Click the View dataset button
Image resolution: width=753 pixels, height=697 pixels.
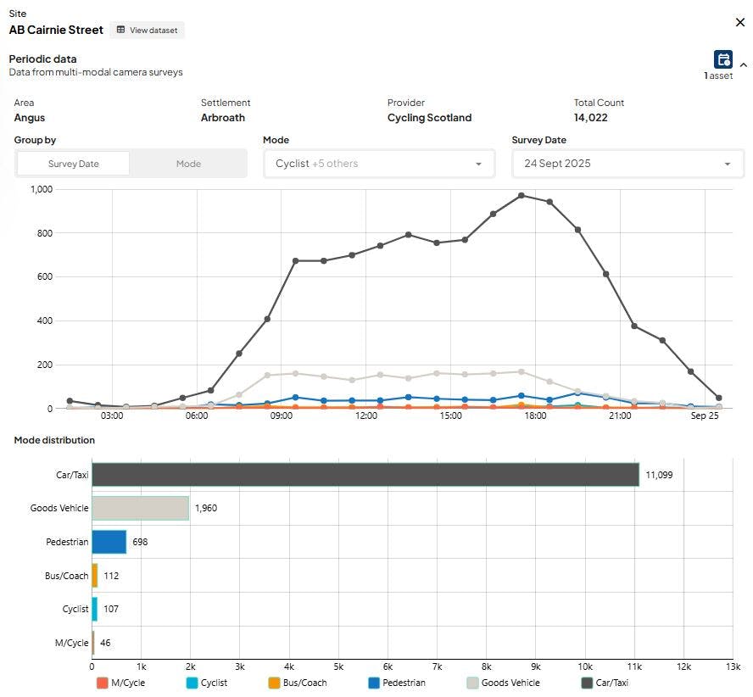pos(147,30)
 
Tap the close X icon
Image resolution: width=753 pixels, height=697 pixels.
pos(740,22)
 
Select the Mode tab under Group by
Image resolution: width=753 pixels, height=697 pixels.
pos(188,164)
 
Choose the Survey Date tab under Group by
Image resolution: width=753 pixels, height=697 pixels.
pos(74,164)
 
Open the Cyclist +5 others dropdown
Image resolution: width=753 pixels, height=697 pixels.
pos(379,164)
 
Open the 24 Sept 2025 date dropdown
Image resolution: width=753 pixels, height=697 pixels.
pos(627,164)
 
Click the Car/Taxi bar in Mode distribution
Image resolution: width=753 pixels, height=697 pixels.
pos(365,475)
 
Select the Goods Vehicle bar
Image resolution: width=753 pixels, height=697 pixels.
pos(140,508)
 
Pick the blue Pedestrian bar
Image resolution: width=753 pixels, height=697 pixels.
pos(109,542)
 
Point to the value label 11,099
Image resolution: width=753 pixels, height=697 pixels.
pos(659,475)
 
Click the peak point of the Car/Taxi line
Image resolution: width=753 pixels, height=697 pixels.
pos(522,196)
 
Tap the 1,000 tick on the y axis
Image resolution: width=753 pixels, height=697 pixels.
pos(42,189)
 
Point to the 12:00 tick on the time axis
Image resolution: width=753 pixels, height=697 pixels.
pos(366,415)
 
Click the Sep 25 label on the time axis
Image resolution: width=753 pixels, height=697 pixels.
pos(705,415)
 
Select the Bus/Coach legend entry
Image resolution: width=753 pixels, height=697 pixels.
pos(298,683)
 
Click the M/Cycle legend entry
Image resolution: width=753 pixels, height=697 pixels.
pos(120,683)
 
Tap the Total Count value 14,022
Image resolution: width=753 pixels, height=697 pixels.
pos(591,118)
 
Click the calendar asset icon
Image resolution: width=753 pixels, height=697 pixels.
pos(722,59)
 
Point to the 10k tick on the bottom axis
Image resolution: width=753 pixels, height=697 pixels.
pos(585,666)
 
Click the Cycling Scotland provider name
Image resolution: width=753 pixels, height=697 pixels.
pos(429,118)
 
